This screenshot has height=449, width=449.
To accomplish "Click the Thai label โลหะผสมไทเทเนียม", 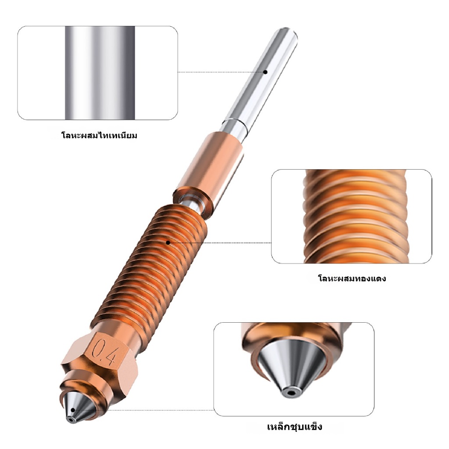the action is (100, 135).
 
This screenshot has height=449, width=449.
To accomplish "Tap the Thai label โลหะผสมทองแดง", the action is (352, 278).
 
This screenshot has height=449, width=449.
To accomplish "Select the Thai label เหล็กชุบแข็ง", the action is (295, 427).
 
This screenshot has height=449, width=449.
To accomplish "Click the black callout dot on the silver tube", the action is (265, 72).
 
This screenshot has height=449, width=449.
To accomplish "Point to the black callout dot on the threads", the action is (168, 243).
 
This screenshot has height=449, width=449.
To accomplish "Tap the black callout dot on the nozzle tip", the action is (73, 410).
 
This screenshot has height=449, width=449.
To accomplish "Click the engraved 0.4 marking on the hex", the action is (104, 353).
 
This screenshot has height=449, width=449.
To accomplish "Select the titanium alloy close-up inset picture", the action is (98, 73).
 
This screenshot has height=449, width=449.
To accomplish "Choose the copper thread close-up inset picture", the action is (352, 217).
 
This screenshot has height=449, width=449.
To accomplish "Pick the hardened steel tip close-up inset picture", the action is (294, 369).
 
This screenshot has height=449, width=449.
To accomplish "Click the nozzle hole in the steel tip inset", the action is (292, 393).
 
